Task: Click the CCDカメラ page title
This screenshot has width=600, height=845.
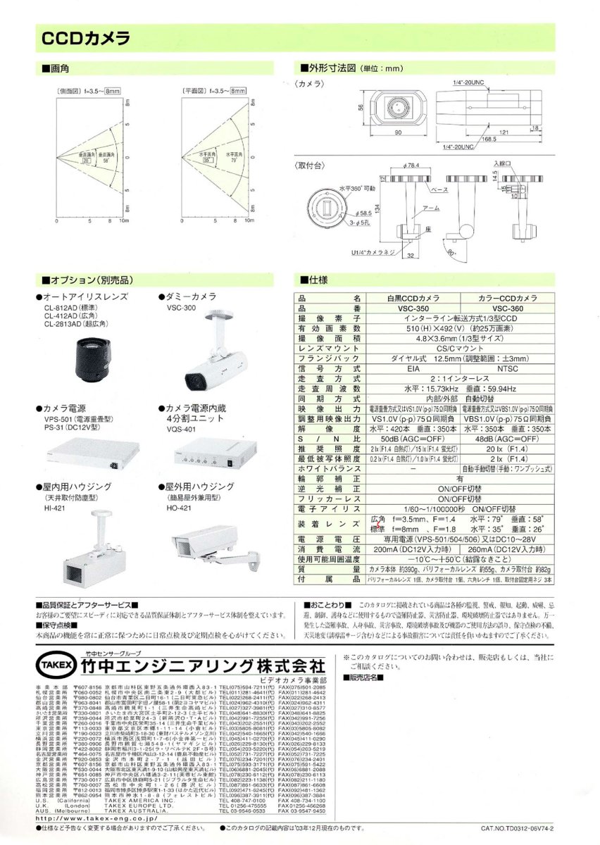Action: tap(85, 37)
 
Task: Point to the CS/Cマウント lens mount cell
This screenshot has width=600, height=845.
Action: tap(463, 348)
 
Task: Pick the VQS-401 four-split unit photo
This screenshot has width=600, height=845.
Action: tap(212, 461)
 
